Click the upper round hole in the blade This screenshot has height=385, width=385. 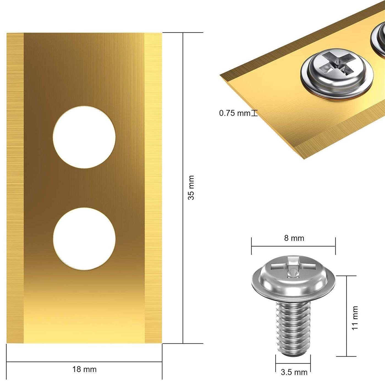pos(84,137)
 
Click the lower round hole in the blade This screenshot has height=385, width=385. pos(84,239)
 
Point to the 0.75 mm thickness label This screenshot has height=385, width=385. pos(235,113)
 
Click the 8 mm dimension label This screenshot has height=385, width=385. pos(294,238)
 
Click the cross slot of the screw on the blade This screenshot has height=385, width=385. pos(335,62)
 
